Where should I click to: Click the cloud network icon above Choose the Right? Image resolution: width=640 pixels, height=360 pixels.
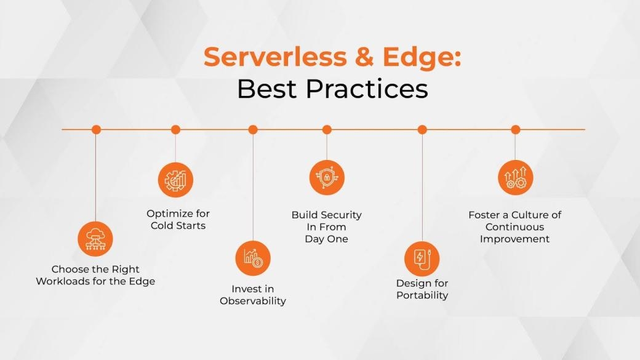coord(95,238)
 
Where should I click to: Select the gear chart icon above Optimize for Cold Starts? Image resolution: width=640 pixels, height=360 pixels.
coord(175,180)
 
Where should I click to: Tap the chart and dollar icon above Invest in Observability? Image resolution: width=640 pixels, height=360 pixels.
coord(253,258)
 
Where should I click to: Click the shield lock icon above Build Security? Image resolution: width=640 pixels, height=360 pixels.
coord(327,178)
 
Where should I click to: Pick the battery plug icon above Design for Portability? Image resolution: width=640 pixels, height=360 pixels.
coord(422,258)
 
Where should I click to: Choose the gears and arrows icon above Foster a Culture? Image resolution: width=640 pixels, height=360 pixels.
coord(516,178)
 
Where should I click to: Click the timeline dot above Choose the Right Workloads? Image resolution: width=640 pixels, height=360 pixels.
coord(95,129)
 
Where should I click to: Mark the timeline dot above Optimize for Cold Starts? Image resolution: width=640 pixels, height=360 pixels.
coord(175,129)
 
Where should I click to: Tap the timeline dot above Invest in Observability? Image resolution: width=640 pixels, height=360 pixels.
coord(253,129)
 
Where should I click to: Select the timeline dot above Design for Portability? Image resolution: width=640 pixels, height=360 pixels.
coord(422,129)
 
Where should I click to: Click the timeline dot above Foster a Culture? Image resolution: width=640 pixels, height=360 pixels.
coord(516,129)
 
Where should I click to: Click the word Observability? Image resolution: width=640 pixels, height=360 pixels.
coord(253,301)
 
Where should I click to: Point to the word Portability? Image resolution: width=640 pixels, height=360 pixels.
coord(422,295)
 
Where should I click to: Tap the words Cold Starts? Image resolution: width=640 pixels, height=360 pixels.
coord(178,226)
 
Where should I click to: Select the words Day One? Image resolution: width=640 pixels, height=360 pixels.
coord(326,239)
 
